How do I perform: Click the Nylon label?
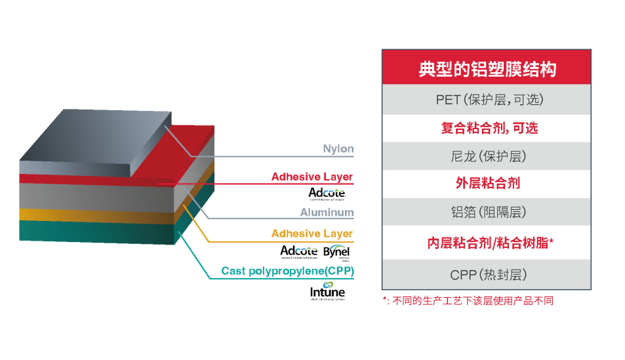pos(338,150)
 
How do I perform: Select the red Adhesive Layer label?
pos(312,177)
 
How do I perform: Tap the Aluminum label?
pos(327,212)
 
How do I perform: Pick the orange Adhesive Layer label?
pos(312,233)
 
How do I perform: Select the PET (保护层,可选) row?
pos(487,100)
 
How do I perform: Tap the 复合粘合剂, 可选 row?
pos(487,129)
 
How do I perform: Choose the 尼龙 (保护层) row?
pos(487,157)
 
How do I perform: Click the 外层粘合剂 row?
pos(487,184)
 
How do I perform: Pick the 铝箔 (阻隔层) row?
pos(487,212)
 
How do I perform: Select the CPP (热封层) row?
pos(487,274)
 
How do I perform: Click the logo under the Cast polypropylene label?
pos(327,292)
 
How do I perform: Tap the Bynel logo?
pos(338,252)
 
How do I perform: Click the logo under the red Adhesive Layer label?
pos(327,193)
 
